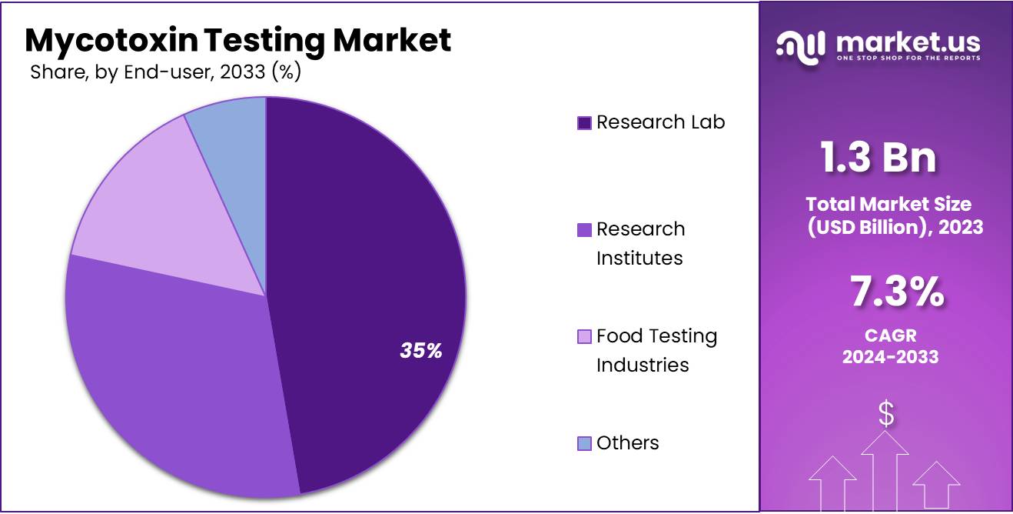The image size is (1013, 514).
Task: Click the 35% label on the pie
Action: click(x=420, y=351)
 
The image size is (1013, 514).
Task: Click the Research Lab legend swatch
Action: click(x=584, y=123)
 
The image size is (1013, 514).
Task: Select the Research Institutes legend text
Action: click(x=640, y=243)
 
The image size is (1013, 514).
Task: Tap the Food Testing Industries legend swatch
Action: click(x=584, y=337)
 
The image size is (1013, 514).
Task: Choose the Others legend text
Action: click(x=627, y=443)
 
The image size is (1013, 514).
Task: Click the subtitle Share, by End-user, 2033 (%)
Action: click(x=164, y=73)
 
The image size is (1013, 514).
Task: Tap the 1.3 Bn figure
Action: click(x=878, y=158)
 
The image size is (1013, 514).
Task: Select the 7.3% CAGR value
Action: click(x=896, y=293)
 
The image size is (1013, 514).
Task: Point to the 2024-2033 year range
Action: click(x=890, y=356)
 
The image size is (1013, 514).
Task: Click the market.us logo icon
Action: click(x=801, y=45)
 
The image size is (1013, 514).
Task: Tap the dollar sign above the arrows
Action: click(x=886, y=414)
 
